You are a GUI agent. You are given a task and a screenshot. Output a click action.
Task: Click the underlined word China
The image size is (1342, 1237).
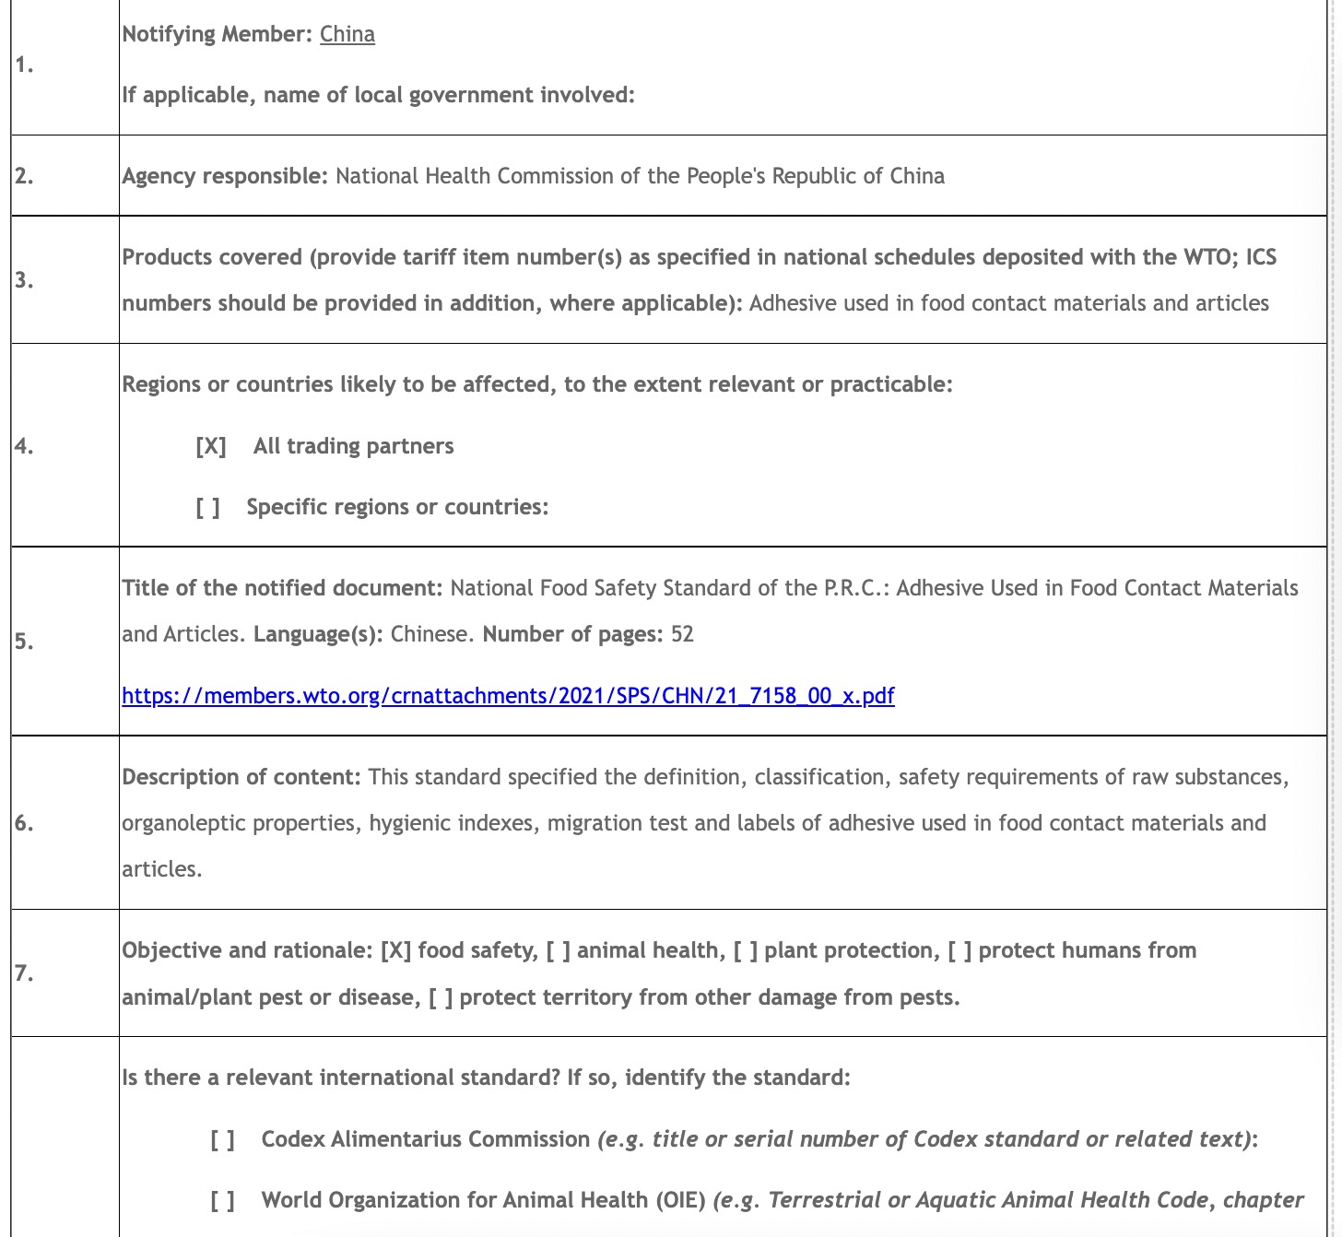347,34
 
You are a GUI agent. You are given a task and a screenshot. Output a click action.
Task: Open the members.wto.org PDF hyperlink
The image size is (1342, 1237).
508,695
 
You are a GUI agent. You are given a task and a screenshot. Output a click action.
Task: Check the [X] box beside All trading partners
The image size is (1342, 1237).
211,446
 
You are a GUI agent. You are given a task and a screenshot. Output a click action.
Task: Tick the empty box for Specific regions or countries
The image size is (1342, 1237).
208,507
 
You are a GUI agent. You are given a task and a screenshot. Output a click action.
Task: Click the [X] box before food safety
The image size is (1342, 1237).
395,950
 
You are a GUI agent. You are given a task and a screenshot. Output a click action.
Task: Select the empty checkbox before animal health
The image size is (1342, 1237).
559,950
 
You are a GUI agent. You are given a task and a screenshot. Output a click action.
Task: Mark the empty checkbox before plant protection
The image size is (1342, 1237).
746,950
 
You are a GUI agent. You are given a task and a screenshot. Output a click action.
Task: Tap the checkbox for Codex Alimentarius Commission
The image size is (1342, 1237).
223,1139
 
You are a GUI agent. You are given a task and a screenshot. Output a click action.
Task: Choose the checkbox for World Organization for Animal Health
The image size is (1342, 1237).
223,1200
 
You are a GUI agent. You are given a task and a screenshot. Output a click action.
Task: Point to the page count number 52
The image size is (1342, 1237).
682,634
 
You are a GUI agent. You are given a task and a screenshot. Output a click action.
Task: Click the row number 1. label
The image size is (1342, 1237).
24,65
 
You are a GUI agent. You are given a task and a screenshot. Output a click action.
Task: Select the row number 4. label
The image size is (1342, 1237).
24,446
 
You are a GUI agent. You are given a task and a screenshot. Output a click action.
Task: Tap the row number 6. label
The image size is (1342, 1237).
24,822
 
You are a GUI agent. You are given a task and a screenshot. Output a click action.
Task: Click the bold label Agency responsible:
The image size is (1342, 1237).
225,176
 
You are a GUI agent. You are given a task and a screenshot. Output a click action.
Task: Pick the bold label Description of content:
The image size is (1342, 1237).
241,777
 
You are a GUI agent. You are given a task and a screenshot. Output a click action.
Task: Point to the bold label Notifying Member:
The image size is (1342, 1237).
218,34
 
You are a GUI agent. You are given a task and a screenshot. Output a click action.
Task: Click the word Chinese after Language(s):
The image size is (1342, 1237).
430,634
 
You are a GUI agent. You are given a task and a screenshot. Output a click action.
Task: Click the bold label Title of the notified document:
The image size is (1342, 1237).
283,588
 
